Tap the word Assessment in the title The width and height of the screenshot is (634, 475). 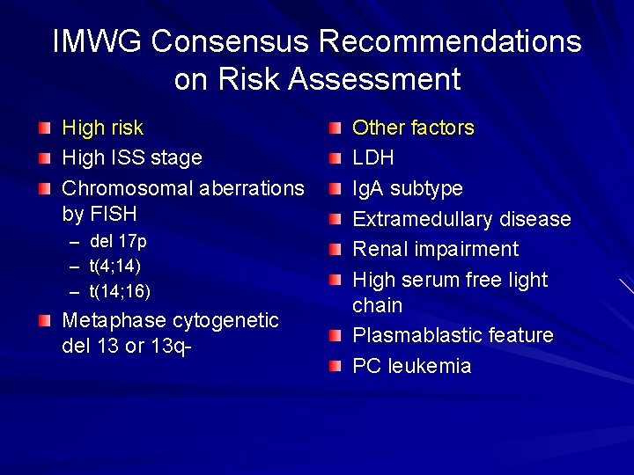pos(374,79)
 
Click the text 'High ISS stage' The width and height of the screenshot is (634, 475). pos(132,158)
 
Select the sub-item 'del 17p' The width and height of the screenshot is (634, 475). pos(118,241)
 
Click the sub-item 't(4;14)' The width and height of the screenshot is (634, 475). pos(115,266)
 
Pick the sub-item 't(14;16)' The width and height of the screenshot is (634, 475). pos(121,290)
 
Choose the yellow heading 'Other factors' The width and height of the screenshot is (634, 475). pos(413,128)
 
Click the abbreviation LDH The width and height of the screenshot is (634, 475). pos(373,158)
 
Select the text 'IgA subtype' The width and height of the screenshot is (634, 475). pos(408,189)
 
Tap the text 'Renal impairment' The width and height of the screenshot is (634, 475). pos(436,250)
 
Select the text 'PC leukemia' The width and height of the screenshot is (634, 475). pos(412,367)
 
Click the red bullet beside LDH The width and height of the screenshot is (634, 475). pos(335,159)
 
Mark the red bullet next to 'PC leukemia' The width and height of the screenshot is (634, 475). pos(335,367)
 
